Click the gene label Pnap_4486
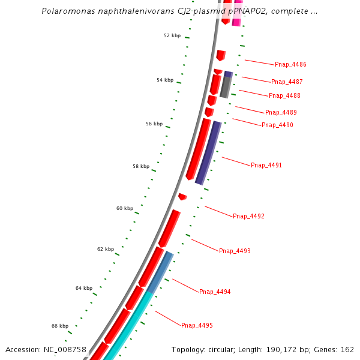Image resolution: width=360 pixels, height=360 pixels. click(x=290, y=64)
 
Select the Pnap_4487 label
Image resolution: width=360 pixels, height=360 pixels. click(x=287, y=82)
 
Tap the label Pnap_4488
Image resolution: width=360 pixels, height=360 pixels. click(x=284, y=95)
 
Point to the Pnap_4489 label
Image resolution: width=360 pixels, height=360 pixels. click(x=281, y=112)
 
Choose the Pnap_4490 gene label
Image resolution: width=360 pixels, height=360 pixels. click(x=277, y=125)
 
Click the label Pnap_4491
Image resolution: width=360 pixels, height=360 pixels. click(x=266, y=165)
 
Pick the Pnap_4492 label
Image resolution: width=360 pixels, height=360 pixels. click(x=248, y=216)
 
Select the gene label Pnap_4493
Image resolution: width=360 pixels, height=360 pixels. click(x=235, y=251)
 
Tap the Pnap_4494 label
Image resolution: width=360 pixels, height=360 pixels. click(x=215, y=292)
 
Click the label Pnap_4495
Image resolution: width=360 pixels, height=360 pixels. click(x=197, y=325)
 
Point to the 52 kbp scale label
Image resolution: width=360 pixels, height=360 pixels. click(x=172, y=35)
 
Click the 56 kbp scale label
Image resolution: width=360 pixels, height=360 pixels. click(x=154, y=124)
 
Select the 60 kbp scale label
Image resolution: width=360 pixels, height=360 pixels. click(x=125, y=208)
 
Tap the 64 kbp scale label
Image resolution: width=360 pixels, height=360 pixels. click(x=84, y=288)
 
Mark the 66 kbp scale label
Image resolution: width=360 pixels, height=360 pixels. click(x=60, y=326)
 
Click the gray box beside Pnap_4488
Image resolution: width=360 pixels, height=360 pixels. click(x=226, y=87)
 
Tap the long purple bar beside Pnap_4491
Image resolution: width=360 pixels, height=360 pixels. click(x=208, y=153)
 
